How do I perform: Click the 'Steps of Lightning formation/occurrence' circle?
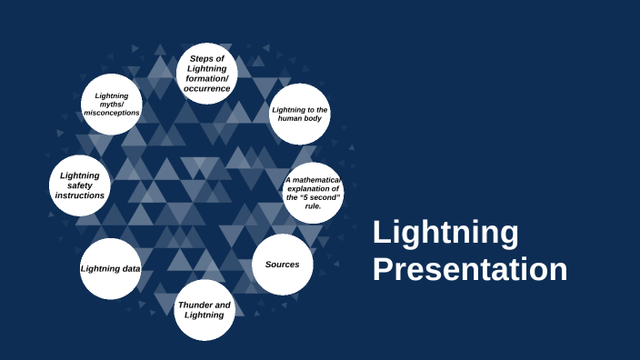pyautogui.click(x=207, y=74)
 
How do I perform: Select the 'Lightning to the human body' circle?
pyautogui.click(x=300, y=115)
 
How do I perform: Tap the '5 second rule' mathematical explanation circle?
pyautogui.click(x=314, y=193)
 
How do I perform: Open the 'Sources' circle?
pyautogui.click(x=282, y=265)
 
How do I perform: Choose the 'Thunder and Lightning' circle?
pyautogui.click(x=205, y=310)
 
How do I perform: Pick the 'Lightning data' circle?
pyautogui.click(x=110, y=269)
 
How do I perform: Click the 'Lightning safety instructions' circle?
pyautogui.click(x=79, y=185)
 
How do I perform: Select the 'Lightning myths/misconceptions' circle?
pyautogui.click(x=112, y=105)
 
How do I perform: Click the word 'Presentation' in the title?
pyautogui.click(x=470, y=270)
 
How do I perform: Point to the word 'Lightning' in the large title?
pyautogui.click(x=445, y=233)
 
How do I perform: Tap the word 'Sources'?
pyautogui.click(x=282, y=265)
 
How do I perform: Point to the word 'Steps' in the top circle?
pyautogui.click(x=201, y=58)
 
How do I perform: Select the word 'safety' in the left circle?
pyautogui.click(x=79, y=185)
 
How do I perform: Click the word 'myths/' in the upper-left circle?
pyautogui.click(x=111, y=105)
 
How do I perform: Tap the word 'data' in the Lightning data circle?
pyautogui.click(x=130, y=269)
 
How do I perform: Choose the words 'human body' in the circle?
pyautogui.click(x=300, y=119)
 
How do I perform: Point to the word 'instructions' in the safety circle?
pyautogui.click(x=79, y=195)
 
